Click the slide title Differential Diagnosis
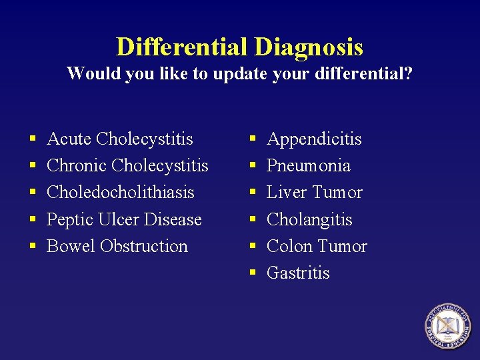coord(239,47)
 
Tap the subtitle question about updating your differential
coord(239,73)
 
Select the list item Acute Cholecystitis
coord(120,139)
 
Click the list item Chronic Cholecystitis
coord(127,165)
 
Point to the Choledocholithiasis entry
coord(120,192)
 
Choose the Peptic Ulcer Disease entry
coord(124,219)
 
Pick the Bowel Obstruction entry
coord(117,246)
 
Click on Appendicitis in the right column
coord(314,139)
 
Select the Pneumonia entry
coord(308,165)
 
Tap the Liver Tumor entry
coord(314,192)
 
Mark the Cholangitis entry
coord(309,219)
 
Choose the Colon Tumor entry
coord(317,246)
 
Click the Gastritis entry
coord(298,273)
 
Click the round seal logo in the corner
coord(447,326)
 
